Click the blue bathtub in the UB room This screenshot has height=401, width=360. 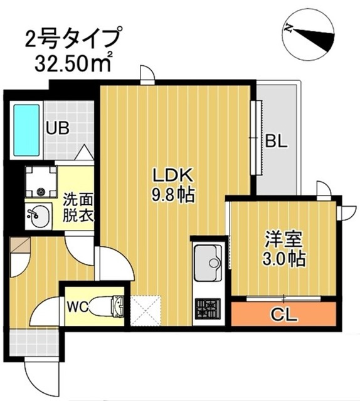[x=26, y=132]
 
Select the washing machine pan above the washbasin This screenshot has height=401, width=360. [x=40, y=182]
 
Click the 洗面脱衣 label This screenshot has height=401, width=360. [x=78, y=207]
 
